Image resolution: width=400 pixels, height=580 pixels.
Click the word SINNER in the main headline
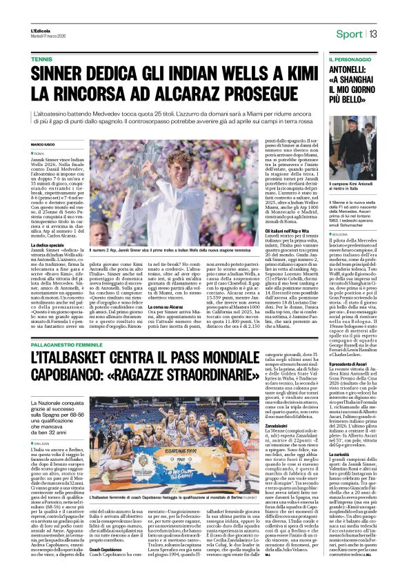[x=61, y=74]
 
